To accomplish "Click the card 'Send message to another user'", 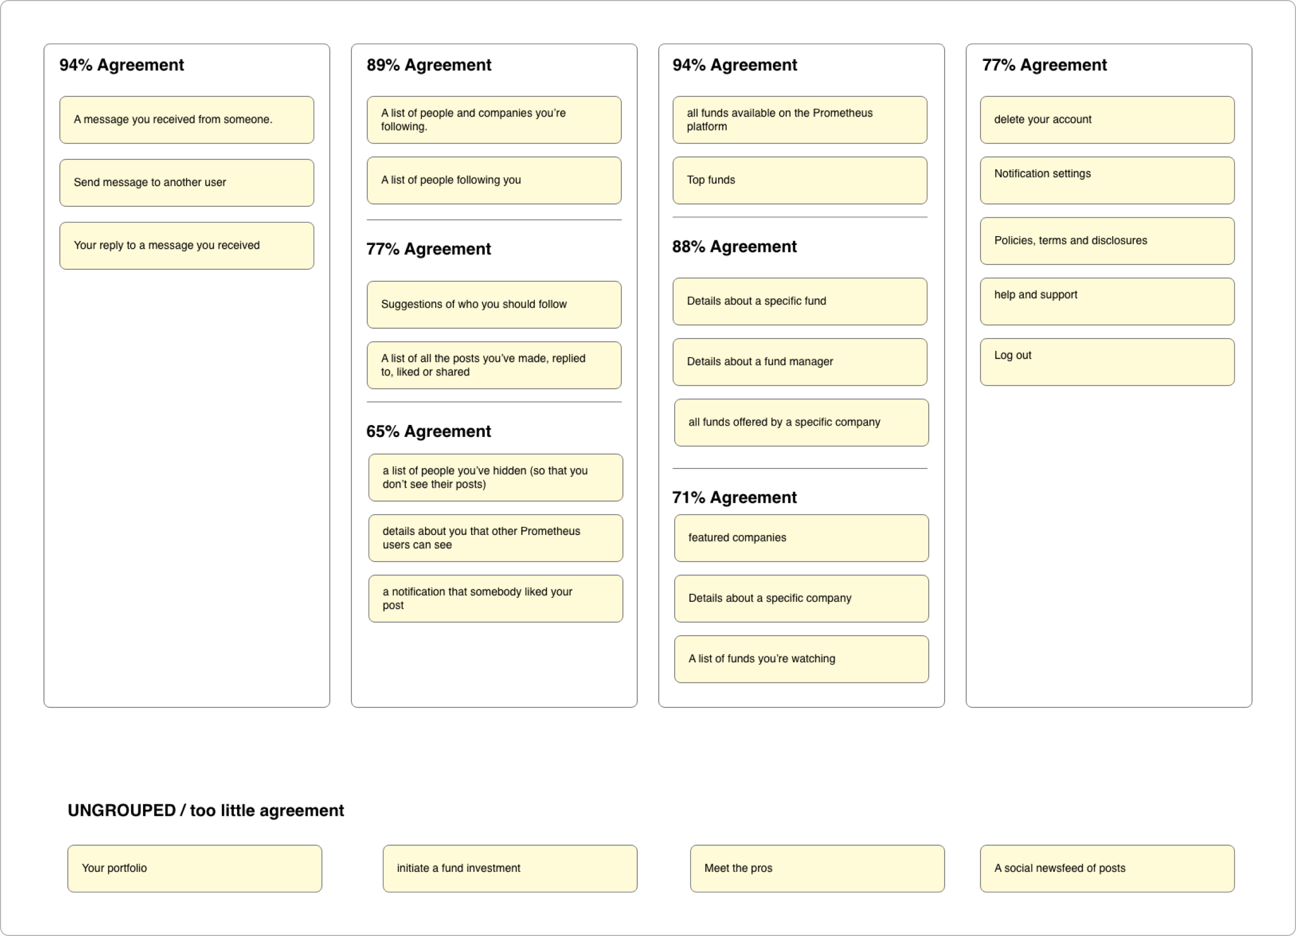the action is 186,183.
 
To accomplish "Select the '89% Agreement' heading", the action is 429,65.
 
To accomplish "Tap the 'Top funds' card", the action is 799,181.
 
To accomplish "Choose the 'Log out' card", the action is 1107,362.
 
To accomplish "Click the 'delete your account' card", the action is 1107,120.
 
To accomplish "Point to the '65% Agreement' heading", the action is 429,432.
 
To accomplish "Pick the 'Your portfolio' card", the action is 194,869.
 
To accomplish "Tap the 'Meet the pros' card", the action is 817,869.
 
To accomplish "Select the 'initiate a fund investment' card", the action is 510,869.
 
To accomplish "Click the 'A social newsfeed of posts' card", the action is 1107,869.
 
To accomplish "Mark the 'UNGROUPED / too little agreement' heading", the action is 206,811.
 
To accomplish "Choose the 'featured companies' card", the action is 801,538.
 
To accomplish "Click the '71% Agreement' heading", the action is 735,498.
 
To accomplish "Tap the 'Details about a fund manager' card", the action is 799,362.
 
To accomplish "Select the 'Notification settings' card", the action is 1107,181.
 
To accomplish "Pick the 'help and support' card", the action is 1107,301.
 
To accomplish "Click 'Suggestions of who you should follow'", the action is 493,305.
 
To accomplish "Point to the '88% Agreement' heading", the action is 735,247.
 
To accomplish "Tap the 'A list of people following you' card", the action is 493,181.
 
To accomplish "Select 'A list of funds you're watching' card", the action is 801,660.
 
